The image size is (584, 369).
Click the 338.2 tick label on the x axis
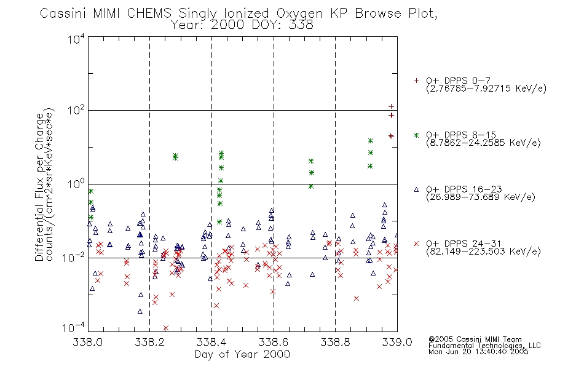coord(150,342)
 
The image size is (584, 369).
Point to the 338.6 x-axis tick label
coord(274,342)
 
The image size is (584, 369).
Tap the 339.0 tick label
coord(397,342)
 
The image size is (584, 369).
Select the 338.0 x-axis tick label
coord(88,342)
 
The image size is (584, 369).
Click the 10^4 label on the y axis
coord(76,39)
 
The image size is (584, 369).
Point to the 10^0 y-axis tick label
coord(76,184)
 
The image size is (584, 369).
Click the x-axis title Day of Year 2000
coord(242,354)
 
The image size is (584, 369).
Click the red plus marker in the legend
coord(416,81)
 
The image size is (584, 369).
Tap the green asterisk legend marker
coord(416,135)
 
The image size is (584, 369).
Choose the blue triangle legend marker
coord(416,189)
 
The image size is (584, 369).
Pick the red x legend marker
coord(416,244)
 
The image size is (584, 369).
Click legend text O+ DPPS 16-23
coord(464,189)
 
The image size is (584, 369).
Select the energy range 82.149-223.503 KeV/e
coord(483,252)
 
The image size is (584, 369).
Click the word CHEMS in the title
coord(149,14)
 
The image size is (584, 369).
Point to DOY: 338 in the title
coord(283,25)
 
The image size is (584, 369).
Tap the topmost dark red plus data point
coord(391,106)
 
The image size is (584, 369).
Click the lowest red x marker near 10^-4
coord(166,328)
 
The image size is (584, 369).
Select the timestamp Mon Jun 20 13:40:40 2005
coord(478,352)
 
